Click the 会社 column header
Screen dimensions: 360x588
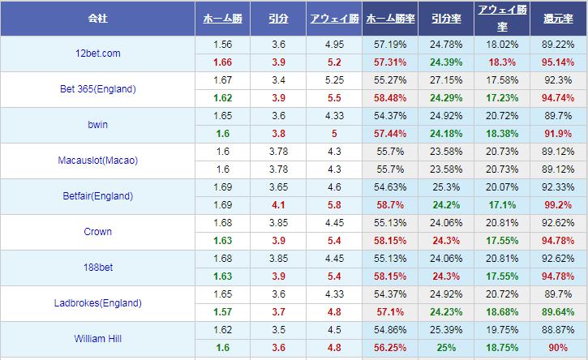pos(97,17)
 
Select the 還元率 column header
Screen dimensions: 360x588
pos(559,17)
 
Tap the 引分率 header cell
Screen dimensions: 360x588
pos(446,17)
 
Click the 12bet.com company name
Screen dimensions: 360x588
pos(97,54)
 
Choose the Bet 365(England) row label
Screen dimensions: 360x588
pos(97,89)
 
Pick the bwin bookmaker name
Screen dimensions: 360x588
pos(97,125)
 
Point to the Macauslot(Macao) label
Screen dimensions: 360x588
pos(97,161)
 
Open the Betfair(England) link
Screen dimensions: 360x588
pos(97,196)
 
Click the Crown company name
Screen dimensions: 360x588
pos(97,232)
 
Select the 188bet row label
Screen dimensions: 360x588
pos(97,268)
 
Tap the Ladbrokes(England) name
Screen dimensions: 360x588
pos(97,303)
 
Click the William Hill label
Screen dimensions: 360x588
pos(97,339)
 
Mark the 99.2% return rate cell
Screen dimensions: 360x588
pos(559,205)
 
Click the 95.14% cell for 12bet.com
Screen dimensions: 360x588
pos(559,62)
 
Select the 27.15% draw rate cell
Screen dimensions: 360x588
pos(446,80)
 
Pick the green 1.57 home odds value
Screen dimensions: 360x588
pos(222,312)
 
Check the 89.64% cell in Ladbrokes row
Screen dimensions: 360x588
pos(559,312)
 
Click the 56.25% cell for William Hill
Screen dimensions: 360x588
pos(390,348)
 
